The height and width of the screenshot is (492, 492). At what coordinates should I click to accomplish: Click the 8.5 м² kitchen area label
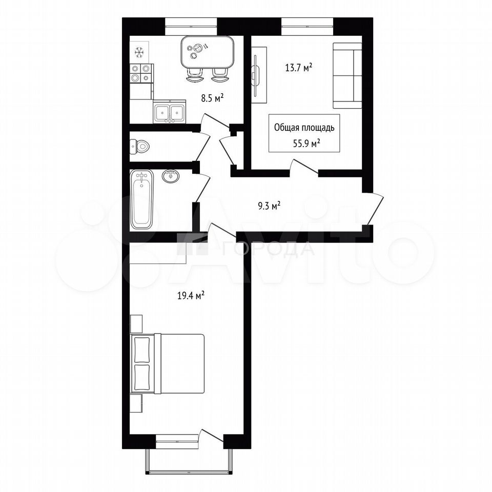(x=212, y=98)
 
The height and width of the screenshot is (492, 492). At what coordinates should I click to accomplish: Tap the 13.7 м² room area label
(x=298, y=68)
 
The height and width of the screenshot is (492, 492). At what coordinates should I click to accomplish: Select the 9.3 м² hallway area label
(x=269, y=206)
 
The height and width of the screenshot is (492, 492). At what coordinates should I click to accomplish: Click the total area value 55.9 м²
(x=306, y=143)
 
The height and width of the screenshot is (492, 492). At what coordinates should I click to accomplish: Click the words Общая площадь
(x=304, y=128)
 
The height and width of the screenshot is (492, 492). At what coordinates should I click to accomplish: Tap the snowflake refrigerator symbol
(x=139, y=52)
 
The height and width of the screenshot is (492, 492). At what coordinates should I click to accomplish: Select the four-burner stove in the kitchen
(x=141, y=73)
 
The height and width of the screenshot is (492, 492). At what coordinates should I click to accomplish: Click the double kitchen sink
(x=170, y=111)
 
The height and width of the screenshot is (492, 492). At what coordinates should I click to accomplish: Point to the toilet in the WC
(x=139, y=146)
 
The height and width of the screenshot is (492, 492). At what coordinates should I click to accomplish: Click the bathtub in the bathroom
(x=141, y=199)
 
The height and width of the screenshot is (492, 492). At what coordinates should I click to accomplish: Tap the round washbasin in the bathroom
(x=171, y=175)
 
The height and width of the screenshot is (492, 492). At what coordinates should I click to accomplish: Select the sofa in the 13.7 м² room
(x=347, y=76)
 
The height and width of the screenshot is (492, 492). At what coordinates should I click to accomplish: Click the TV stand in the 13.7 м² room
(x=259, y=75)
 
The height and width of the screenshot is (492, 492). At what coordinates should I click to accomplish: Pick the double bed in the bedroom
(x=167, y=363)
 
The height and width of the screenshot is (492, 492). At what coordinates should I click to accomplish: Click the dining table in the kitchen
(x=208, y=53)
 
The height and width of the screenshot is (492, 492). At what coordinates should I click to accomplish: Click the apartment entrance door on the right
(x=374, y=209)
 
